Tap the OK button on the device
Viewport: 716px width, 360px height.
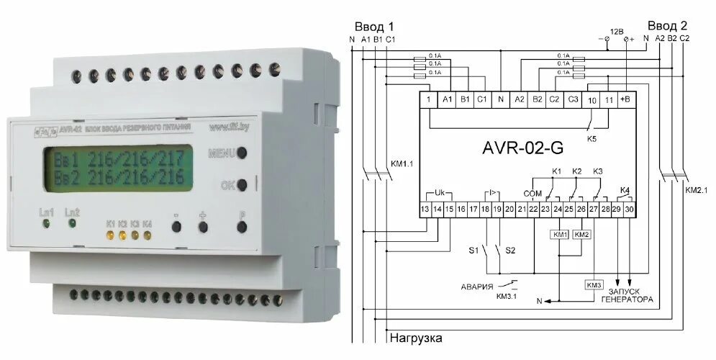click(x=243, y=185)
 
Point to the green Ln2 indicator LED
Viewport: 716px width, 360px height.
click(x=72, y=224)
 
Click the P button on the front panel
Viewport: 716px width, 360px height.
click(x=243, y=227)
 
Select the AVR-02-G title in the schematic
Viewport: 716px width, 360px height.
click(x=522, y=149)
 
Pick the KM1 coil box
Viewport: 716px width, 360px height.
click(x=558, y=235)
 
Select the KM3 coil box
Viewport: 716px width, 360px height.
click(x=594, y=284)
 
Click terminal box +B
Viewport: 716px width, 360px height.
click(x=624, y=99)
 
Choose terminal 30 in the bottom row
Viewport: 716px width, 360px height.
click(x=629, y=209)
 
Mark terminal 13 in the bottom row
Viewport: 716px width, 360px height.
click(x=426, y=209)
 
